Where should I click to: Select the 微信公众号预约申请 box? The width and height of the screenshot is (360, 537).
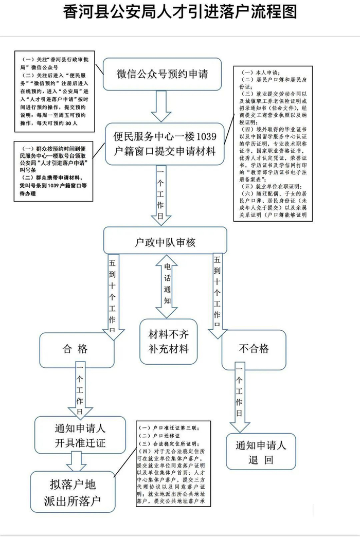pos(162,74)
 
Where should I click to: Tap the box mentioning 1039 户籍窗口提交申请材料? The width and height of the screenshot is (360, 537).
pos(165,143)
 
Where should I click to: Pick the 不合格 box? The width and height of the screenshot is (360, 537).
pos(254,349)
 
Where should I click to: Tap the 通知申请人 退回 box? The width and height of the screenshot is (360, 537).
pos(261,451)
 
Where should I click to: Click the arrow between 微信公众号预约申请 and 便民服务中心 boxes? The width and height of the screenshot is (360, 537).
pos(161,106)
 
